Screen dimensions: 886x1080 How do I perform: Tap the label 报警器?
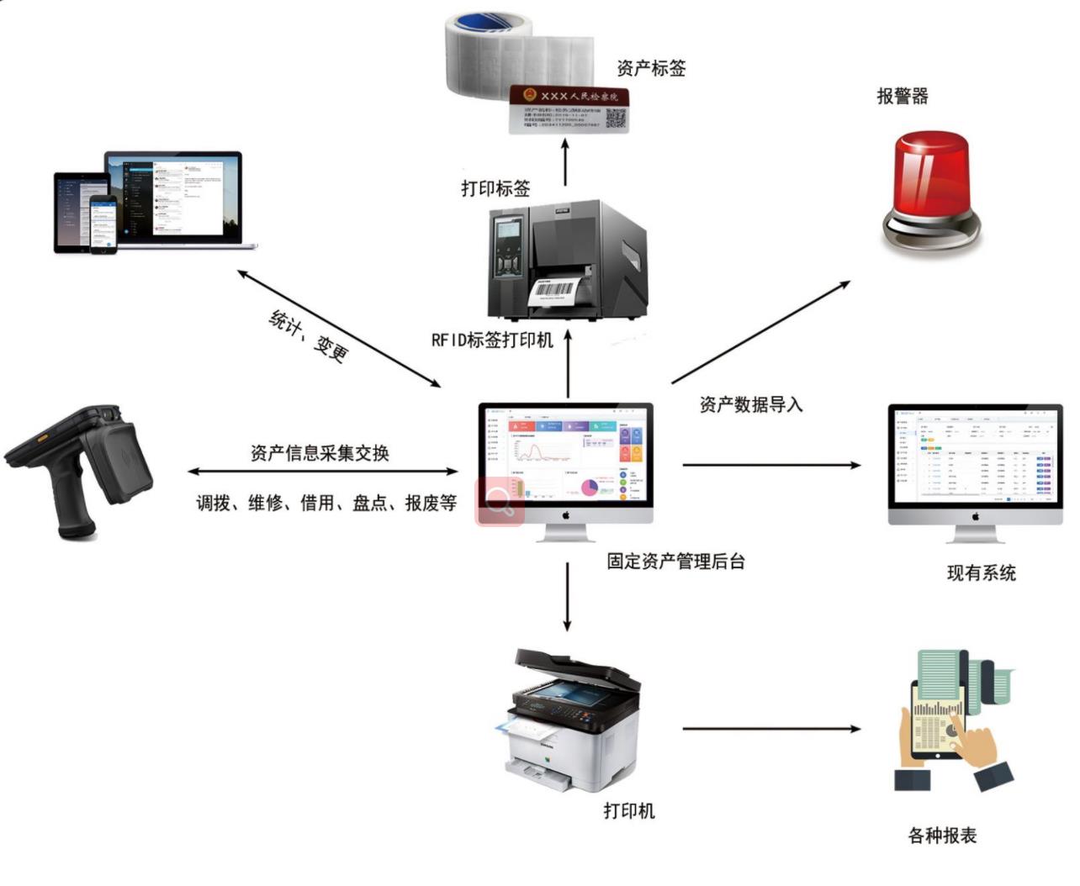[x=902, y=97]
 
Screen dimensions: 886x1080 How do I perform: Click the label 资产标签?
[x=651, y=69]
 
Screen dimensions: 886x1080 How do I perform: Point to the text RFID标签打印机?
[x=492, y=340]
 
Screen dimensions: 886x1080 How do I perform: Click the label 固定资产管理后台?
[x=675, y=562]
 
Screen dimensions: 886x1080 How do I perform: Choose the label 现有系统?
[x=981, y=573]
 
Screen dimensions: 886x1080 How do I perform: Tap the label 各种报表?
[x=942, y=836]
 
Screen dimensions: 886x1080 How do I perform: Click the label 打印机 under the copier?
[x=628, y=811]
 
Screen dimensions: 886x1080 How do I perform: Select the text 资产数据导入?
[x=751, y=405]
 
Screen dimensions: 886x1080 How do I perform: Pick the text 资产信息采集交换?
[x=320, y=454]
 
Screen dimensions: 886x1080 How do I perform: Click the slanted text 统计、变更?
[x=308, y=335]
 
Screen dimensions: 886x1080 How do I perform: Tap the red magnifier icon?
[x=500, y=502]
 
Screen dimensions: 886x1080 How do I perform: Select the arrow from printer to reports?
[x=771, y=729]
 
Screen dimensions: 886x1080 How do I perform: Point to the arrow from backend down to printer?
[x=567, y=597]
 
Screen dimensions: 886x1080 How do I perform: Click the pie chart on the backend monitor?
[x=589, y=487]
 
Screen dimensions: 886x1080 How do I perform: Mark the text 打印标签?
[x=495, y=189]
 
